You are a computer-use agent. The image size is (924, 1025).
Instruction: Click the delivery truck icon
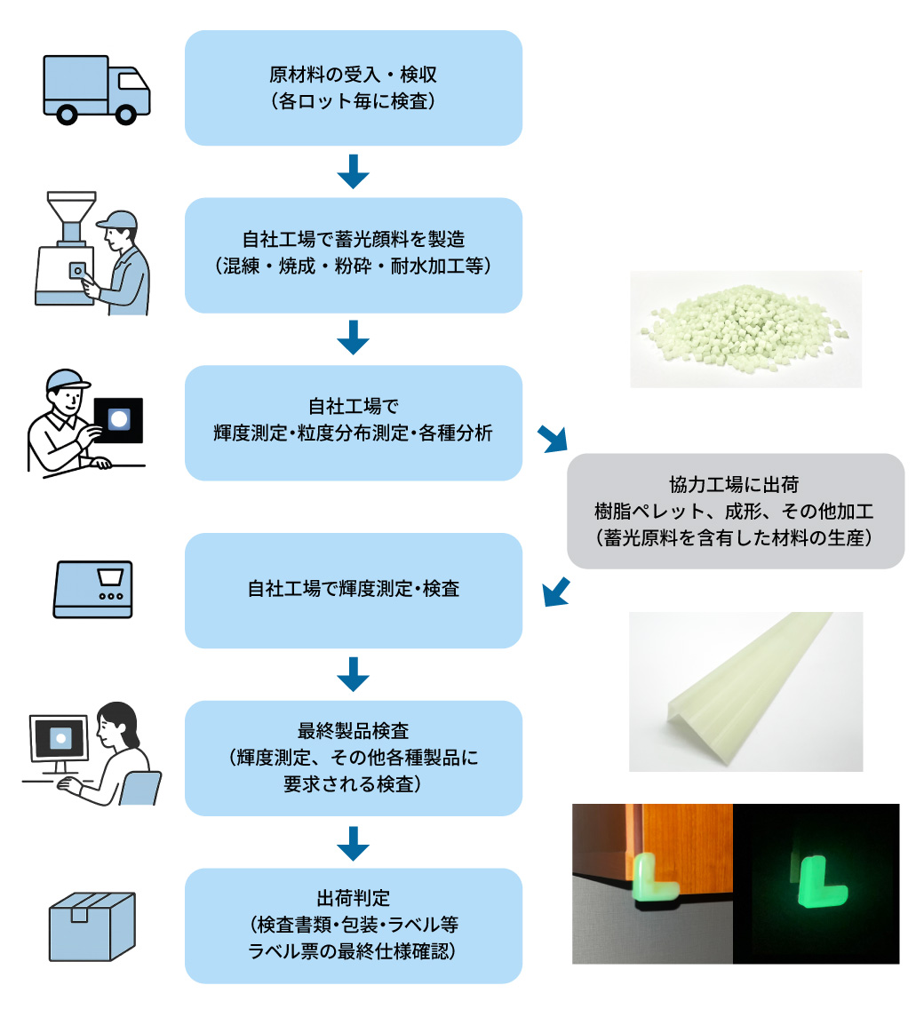tap(96, 89)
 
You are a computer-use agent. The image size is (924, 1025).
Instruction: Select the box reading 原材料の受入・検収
tap(353, 88)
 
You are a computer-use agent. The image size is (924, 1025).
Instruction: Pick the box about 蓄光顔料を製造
tap(353, 255)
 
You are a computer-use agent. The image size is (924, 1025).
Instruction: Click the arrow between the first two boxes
tap(353, 171)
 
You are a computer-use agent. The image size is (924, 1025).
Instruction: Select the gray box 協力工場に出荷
tap(735, 511)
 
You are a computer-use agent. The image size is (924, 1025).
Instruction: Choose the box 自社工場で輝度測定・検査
tap(353, 590)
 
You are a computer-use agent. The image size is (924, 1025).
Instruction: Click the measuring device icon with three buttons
tap(93, 589)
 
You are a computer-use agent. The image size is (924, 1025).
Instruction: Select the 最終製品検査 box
tap(353, 758)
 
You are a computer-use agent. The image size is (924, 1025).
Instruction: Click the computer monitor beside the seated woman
tap(60, 737)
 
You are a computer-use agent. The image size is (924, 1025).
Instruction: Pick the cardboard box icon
tap(92, 926)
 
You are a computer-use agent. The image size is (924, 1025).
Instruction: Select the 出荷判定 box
tap(353, 926)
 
